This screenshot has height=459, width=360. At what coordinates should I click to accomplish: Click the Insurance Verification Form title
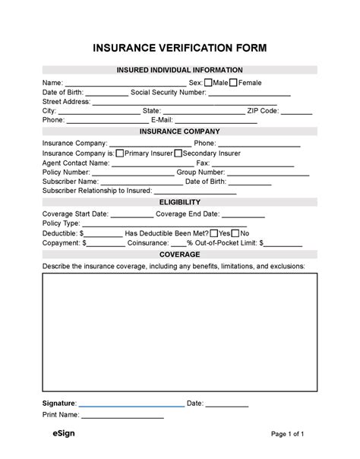pos(180,49)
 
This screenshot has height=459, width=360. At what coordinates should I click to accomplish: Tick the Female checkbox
pos(233,83)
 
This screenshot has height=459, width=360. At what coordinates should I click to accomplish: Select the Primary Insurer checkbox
pos(120,153)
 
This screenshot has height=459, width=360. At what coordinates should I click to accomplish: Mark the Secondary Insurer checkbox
pos(178,153)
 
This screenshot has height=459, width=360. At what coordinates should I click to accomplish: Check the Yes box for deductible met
pos(213,233)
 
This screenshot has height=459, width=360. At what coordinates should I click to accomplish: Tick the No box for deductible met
pos(235,233)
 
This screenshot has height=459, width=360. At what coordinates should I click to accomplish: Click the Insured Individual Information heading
pos(180,70)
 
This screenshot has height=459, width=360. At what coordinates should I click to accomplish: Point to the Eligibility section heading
pos(180,202)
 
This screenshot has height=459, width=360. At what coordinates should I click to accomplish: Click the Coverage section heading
pos(180,255)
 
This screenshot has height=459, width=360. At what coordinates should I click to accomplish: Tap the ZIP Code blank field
pos(297,112)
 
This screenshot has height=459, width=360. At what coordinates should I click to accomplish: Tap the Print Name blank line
pos(122,417)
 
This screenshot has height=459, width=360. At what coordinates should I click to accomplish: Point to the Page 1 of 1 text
pos(288,435)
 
